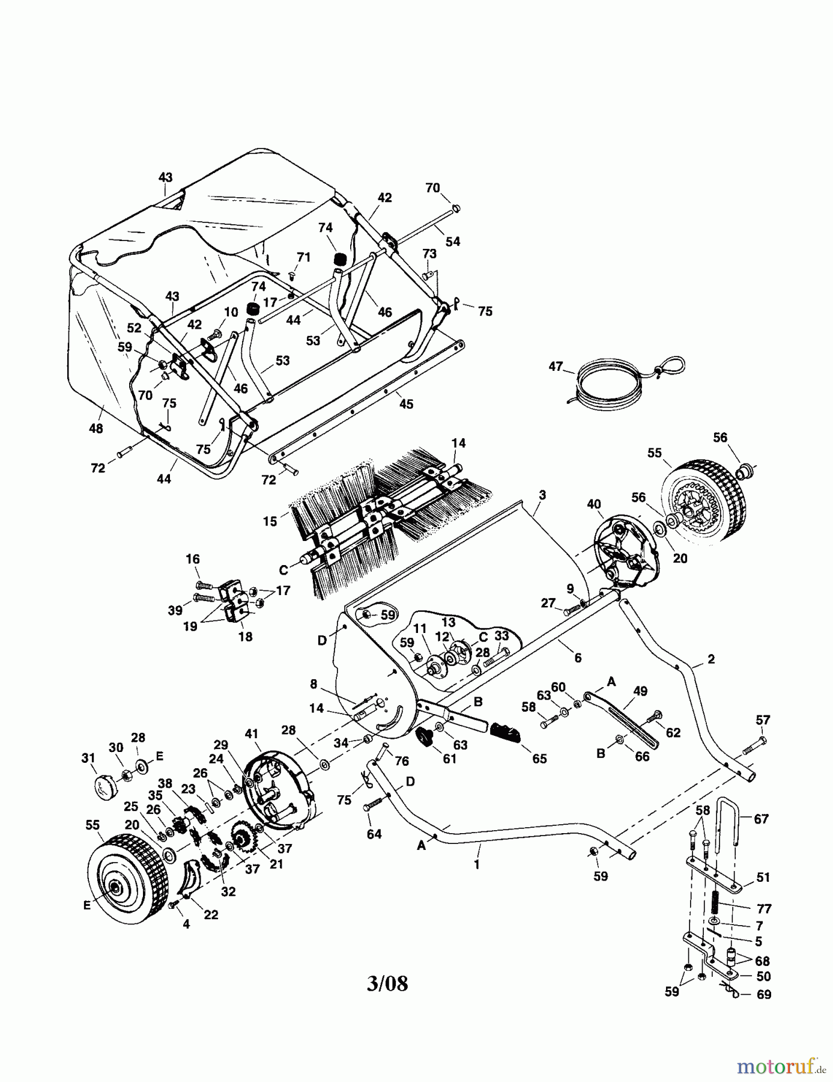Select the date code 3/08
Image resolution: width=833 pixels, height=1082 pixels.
(x=387, y=983)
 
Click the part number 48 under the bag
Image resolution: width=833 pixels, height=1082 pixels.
(x=95, y=429)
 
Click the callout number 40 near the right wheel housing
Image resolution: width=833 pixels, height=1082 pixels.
(x=594, y=504)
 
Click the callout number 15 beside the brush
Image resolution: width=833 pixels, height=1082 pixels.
(x=270, y=521)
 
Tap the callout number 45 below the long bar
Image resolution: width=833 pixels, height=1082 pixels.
(x=407, y=404)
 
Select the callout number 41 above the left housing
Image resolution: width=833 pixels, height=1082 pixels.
(x=251, y=733)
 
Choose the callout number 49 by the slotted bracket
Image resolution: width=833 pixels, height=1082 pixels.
(x=640, y=691)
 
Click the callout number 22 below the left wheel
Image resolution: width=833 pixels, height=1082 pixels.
(x=211, y=914)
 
